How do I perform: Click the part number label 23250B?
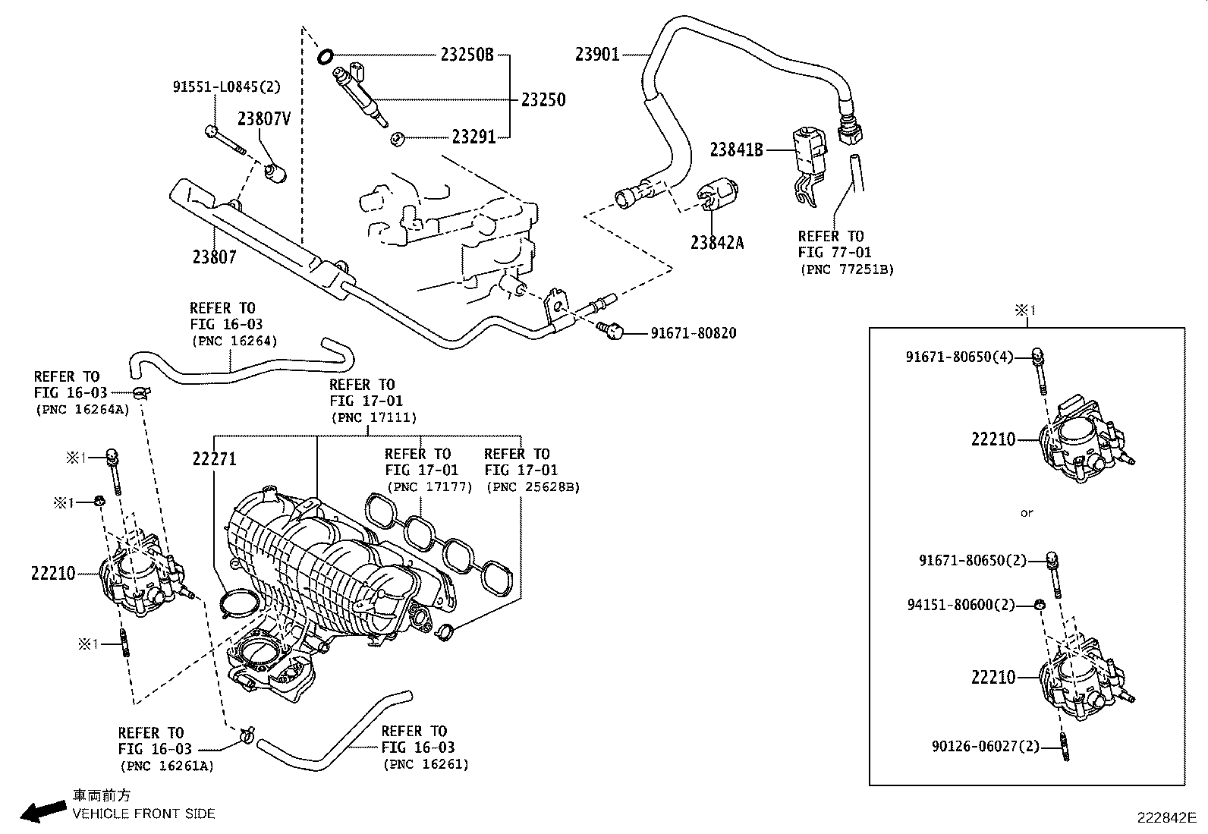pyautogui.click(x=467, y=55)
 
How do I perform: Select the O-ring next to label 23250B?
pyautogui.click(x=326, y=55)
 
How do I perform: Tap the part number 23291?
pyautogui.click(x=473, y=137)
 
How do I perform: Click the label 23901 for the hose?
pyautogui.click(x=597, y=54)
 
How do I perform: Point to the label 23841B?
pyautogui.click(x=736, y=149)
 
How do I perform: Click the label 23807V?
pyautogui.click(x=264, y=118)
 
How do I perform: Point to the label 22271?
pyautogui.click(x=214, y=458)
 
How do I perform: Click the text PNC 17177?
pyautogui.click(x=429, y=486)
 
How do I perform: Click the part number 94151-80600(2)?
pyautogui.click(x=961, y=605)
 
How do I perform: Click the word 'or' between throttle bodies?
pyautogui.click(x=1027, y=513)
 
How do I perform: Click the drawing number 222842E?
pyautogui.click(x=1166, y=818)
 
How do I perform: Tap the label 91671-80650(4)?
pyautogui.click(x=959, y=356)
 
